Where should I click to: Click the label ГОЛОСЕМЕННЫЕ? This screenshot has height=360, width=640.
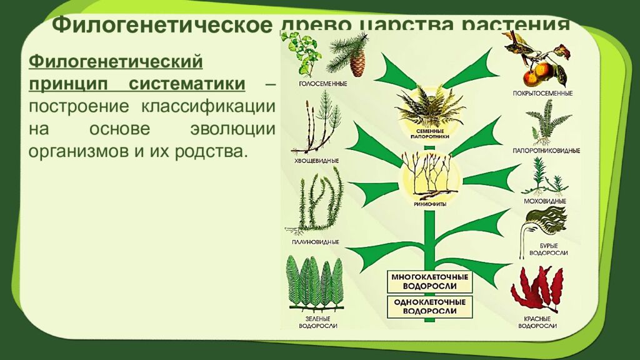pos(310,83)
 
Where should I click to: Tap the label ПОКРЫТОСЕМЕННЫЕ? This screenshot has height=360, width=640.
pos(541,93)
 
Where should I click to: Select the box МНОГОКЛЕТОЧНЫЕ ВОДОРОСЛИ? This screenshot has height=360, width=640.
pos(429,281)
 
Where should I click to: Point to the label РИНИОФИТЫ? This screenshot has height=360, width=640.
pos(429,203)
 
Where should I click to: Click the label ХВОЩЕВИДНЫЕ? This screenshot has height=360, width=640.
pos(316,161)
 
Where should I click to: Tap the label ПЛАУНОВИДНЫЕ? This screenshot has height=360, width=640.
pos(316,241)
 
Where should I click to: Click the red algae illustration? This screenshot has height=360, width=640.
pos(537,289)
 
